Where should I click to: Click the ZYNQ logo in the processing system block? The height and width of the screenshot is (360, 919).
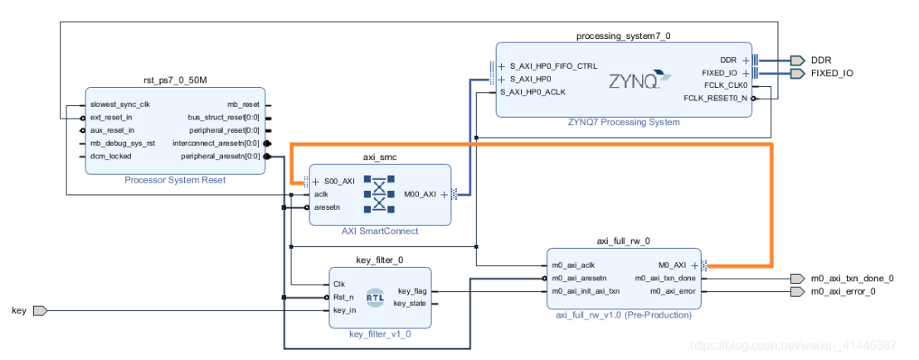tap(635, 81)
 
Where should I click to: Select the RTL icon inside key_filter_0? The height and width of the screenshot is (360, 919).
tap(376, 297)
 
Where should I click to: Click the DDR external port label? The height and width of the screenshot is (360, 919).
tap(820, 60)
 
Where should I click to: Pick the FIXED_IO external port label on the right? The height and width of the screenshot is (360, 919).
tap(831, 73)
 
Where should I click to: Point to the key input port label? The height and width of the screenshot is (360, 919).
tap(18, 310)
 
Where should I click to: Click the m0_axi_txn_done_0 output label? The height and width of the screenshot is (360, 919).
tap(853, 279)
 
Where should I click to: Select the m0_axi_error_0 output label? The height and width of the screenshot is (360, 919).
tap(844, 291)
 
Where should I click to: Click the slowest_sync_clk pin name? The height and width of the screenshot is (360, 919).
tap(120, 105)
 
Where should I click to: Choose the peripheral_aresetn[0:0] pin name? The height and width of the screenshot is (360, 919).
tap(220, 155)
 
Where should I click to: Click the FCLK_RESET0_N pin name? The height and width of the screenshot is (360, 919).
tap(715, 98)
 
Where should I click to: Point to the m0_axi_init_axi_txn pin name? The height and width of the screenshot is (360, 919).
tap(586, 291)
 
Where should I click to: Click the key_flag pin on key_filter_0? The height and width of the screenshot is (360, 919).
tap(412, 291)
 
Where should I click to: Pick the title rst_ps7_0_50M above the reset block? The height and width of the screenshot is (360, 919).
tap(176, 80)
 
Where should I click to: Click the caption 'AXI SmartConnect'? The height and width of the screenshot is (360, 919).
tap(379, 231)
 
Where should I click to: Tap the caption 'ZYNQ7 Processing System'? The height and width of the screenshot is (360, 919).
tap(624, 122)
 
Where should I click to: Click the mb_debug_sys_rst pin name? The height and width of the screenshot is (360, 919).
tap(122, 143)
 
